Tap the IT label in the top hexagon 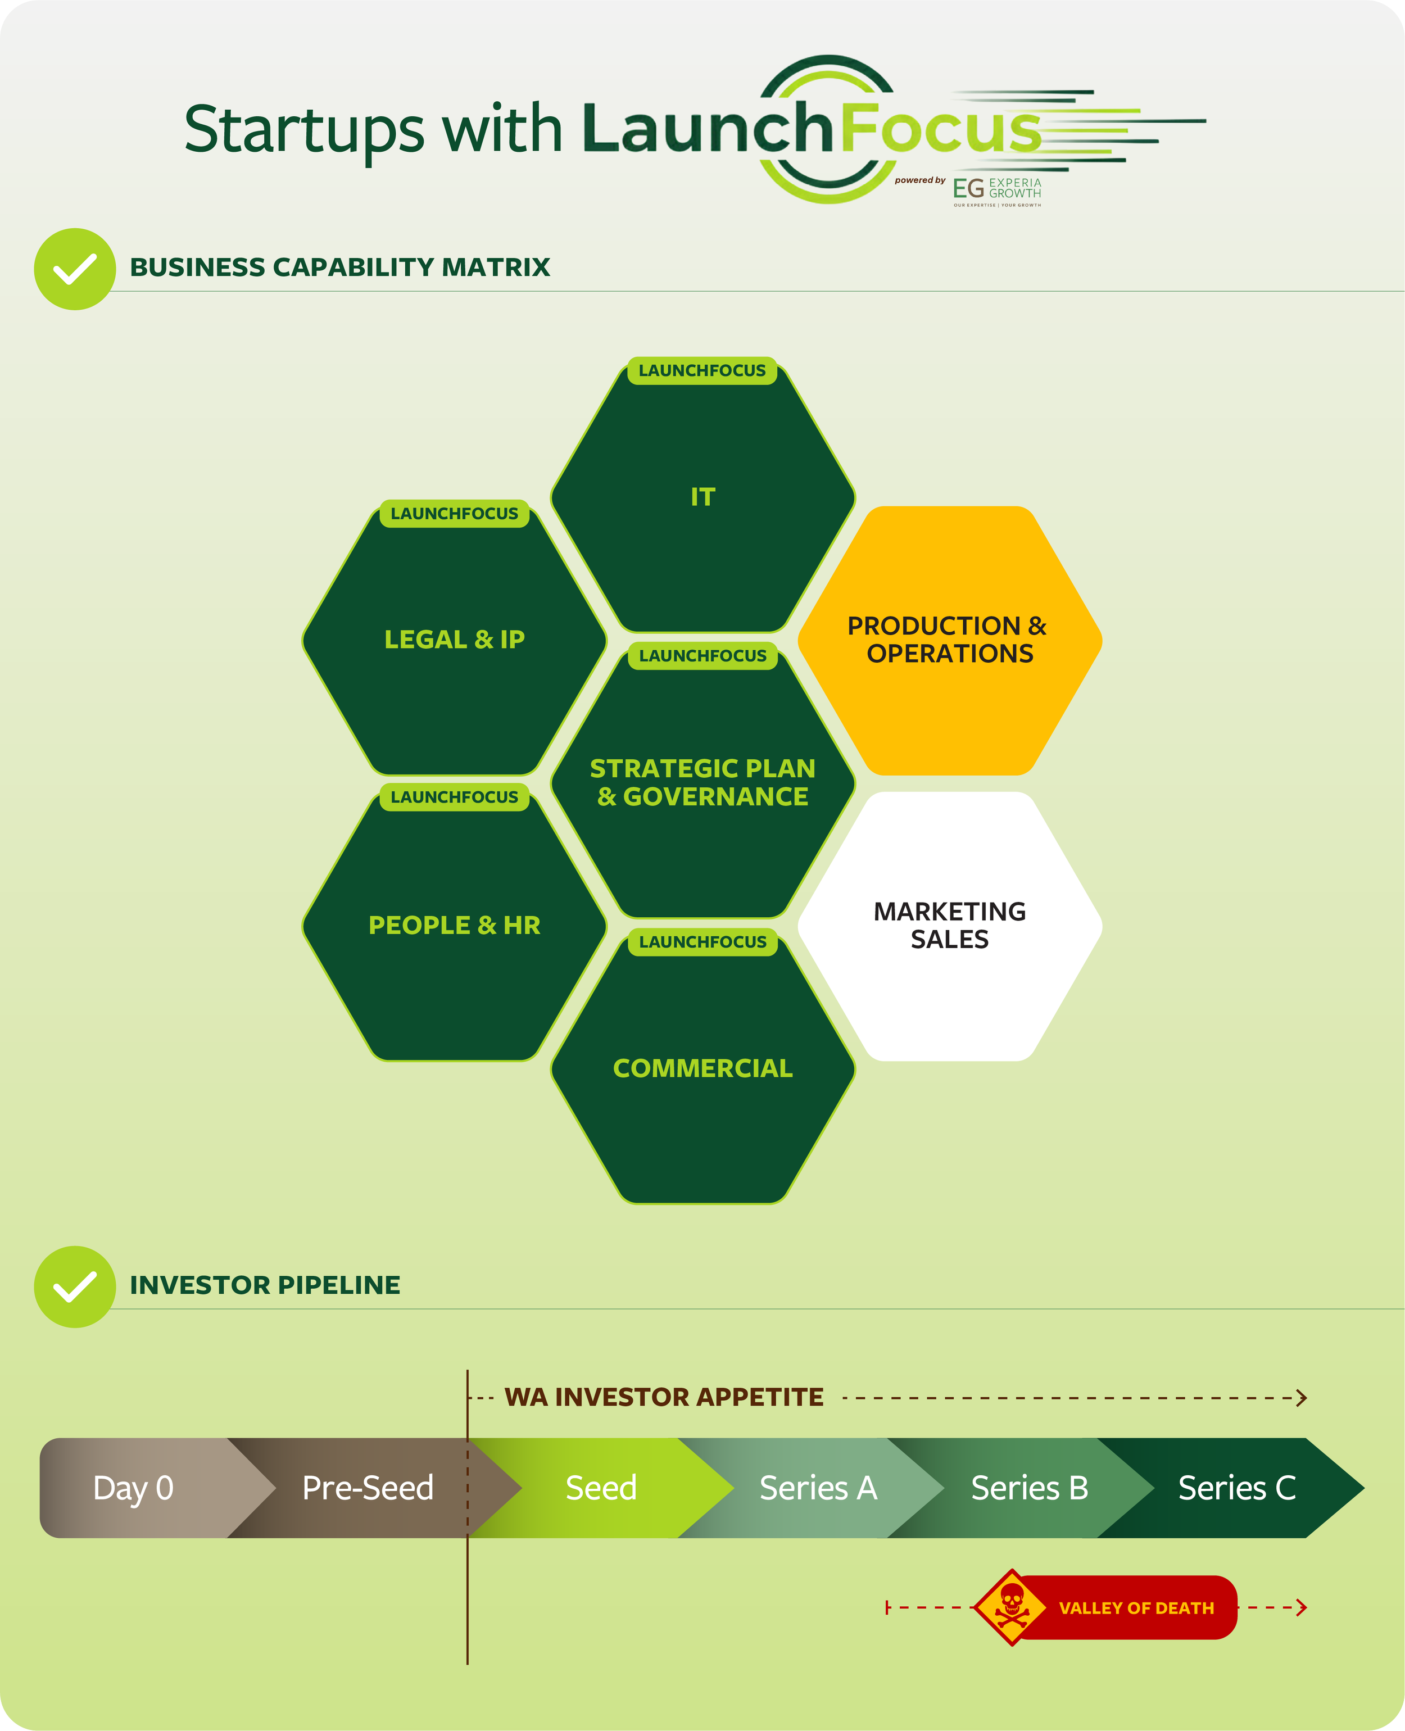click(x=703, y=497)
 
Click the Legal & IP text click(x=454, y=640)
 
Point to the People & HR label click(x=454, y=925)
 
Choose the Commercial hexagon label click(x=703, y=1068)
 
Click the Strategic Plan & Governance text click(x=703, y=782)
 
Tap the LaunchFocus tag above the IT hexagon click(x=702, y=370)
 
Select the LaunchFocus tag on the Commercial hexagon click(x=703, y=942)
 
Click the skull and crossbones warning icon click(x=1011, y=1607)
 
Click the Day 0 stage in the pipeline click(x=134, y=1488)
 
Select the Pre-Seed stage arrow click(x=368, y=1488)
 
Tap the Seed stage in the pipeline click(x=601, y=1488)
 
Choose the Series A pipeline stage click(x=818, y=1488)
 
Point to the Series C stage click(x=1236, y=1488)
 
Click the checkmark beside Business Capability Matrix click(x=74, y=269)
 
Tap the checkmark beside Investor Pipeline click(x=74, y=1286)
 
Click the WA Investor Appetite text click(x=664, y=1397)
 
